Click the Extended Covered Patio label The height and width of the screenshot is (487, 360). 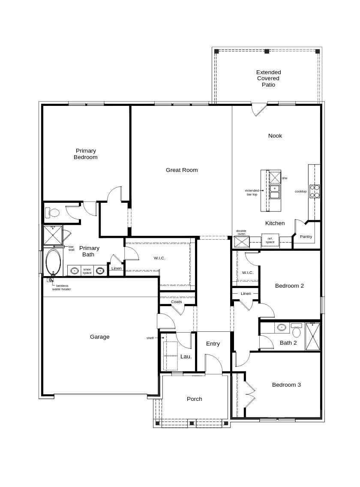pyautogui.click(x=268, y=78)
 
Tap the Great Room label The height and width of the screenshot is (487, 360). pyautogui.click(x=182, y=170)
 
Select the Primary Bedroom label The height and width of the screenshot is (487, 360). pyautogui.click(x=86, y=154)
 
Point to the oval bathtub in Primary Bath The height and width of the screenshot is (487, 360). pyautogui.click(x=53, y=262)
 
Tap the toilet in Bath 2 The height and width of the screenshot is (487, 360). pyautogui.click(x=297, y=331)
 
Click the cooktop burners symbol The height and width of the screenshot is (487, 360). pyautogui.click(x=315, y=191)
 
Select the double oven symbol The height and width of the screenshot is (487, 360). pyautogui.click(x=242, y=242)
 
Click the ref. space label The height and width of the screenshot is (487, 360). pyautogui.click(x=270, y=240)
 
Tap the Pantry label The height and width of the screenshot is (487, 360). pyautogui.click(x=306, y=237)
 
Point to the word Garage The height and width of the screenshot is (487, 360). pyautogui.click(x=100, y=337)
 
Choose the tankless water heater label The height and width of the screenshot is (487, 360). pyautogui.click(x=62, y=288)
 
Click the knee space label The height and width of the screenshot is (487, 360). pyautogui.click(x=87, y=271)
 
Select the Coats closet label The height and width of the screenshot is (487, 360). pyautogui.click(x=177, y=302)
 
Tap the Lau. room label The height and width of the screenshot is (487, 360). pyautogui.click(x=186, y=357)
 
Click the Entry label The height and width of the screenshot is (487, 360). pyautogui.click(x=213, y=344)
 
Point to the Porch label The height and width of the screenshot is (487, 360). pyautogui.click(x=195, y=399)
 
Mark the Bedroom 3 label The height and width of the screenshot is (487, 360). pyautogui.click(x=286, y=385)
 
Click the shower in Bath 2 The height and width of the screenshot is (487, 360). pyautogui.click(x=312, y=337)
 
